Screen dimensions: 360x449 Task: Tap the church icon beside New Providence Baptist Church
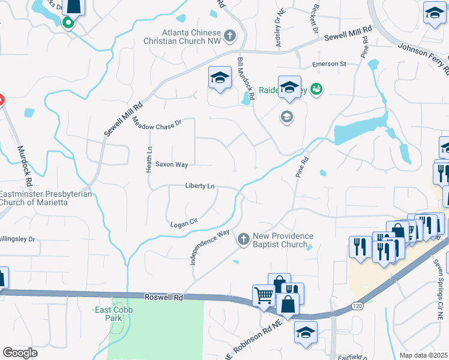244,239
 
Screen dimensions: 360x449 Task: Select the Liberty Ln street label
200,186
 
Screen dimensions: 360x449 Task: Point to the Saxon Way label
172,164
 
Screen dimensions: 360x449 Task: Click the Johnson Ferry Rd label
424,58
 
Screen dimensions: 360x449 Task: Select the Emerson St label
329,64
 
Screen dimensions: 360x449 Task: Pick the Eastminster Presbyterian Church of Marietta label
46,198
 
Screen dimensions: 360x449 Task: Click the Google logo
20,353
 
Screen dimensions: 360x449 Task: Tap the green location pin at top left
68,23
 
